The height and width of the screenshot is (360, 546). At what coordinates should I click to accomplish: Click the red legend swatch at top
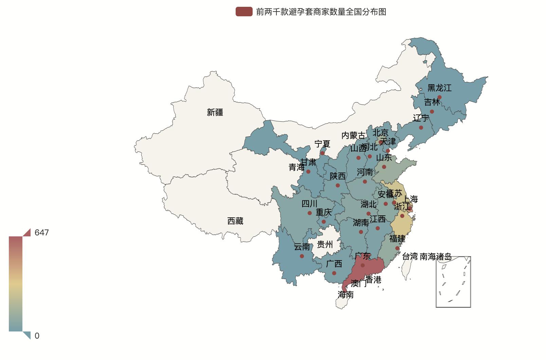pyautogui.click(x=244, y=12)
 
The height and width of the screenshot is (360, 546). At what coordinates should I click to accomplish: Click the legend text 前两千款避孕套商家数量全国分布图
pyautogui.click(x=321, y=12)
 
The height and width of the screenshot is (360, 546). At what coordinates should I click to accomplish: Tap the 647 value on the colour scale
pyautogui.click(x=41, y=233)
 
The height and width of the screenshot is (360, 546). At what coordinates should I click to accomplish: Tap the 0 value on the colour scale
pyautogui.click(x=37, y=336)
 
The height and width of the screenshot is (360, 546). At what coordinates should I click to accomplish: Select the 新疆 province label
pyautogui.click(x=215, y=112)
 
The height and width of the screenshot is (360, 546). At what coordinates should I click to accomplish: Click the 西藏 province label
pyautogui.click(x=235, y=221)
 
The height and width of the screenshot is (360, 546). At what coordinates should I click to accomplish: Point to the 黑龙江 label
pyautogui.click(x=439, y=88)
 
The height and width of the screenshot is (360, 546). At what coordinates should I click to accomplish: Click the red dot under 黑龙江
pyautogui.click(x=439, y=97)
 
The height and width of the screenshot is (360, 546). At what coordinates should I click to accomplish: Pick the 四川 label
pyautogui.click(x=309, y=204)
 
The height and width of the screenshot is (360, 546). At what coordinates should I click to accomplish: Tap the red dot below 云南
pyautogui.click(x=302, y=256)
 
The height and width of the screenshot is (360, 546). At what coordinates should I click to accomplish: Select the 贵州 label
pyautogui.click(x=325, y=245)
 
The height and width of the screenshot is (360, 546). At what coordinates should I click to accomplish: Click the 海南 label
pyautogui.click(x=346, y=295)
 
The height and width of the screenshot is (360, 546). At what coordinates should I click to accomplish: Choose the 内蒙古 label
pyautogui.click(x=353, y=136)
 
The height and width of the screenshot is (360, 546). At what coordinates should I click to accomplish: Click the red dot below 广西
pyautogui.click(x=334, y=273)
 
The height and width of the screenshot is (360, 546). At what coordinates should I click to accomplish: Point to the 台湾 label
pyautogui.click(x=410, y=257)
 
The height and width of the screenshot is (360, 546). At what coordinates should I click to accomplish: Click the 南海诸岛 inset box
pyautogui.click(x=453, y=282)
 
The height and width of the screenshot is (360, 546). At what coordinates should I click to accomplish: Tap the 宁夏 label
pyautogui.click(x=322, y=144)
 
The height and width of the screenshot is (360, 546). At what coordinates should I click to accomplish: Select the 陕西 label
pyautogui.click(x=338, y=176)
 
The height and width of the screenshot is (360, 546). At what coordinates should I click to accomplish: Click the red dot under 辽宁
pyautogui.click(x=421, y=128)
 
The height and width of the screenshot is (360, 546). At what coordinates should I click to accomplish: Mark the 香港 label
pyautogui.click(x=373, y=280)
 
